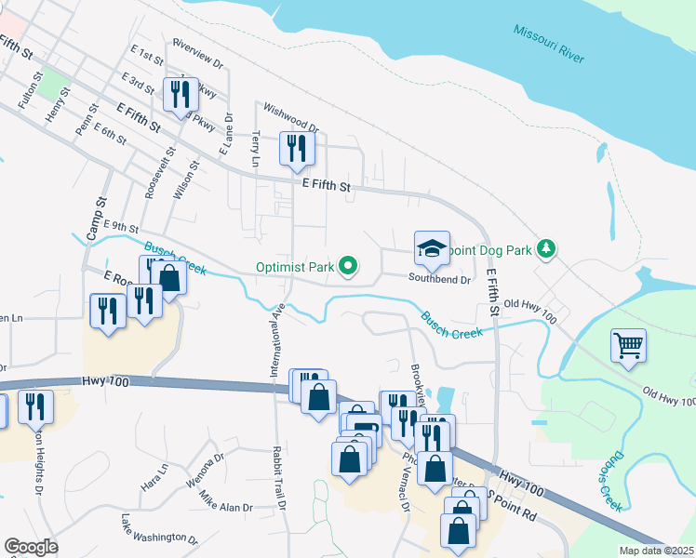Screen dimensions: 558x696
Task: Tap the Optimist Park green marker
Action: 349,267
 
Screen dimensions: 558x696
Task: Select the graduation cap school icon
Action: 432,248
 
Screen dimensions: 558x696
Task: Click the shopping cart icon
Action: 628,346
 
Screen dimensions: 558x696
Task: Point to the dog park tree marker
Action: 549,248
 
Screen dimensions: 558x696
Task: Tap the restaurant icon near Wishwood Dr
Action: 297,148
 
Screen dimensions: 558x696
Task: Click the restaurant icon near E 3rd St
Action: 180,94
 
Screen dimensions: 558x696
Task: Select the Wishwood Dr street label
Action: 291,117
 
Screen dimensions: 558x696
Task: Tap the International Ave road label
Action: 275,339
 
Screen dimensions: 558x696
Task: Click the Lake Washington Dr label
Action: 159,530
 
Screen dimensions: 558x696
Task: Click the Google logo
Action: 31,546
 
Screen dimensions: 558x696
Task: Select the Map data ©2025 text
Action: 656,551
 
